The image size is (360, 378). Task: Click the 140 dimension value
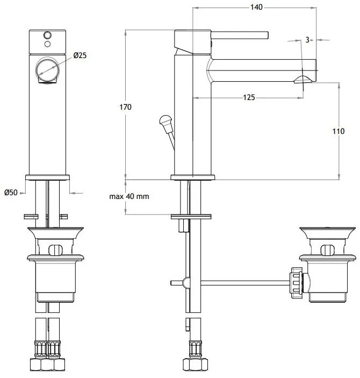[256, 7]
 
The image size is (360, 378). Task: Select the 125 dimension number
[249, 97]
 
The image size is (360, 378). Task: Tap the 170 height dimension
[125, 107]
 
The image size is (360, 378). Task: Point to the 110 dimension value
[339, 131]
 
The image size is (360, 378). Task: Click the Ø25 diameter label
[80, 55]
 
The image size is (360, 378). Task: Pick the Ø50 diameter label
[11, 192]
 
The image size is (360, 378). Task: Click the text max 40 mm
[129, 196]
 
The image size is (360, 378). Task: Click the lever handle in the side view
[240, 35]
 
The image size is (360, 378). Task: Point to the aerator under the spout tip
[304, 80]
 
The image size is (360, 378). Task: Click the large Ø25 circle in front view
[47, 70]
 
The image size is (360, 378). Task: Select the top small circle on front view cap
[48, 35]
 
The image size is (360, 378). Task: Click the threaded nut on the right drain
[297, 282]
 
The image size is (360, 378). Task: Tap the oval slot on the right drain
[328, 250]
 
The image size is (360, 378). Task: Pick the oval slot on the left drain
[56, 250]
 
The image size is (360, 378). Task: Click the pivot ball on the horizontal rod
[186, 283]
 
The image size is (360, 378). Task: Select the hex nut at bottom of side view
[195, 364]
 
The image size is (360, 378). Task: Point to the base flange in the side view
[192, 177]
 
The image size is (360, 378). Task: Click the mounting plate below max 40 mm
[191, 217]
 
